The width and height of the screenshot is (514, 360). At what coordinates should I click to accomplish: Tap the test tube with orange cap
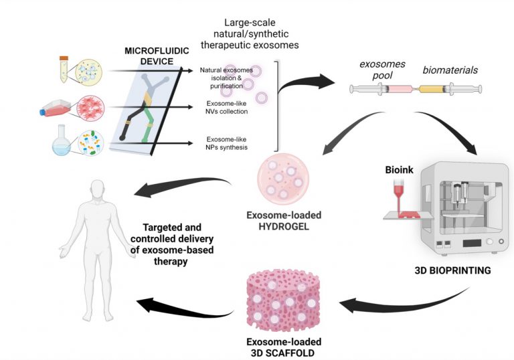(63, 69)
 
